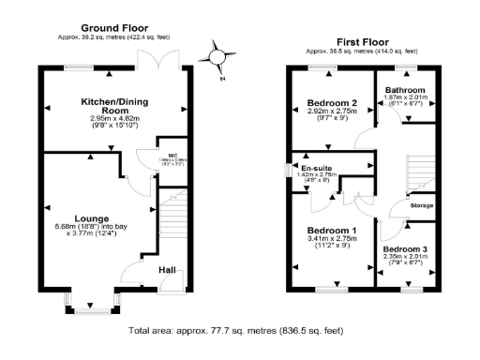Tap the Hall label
click(x=167, y=270)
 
